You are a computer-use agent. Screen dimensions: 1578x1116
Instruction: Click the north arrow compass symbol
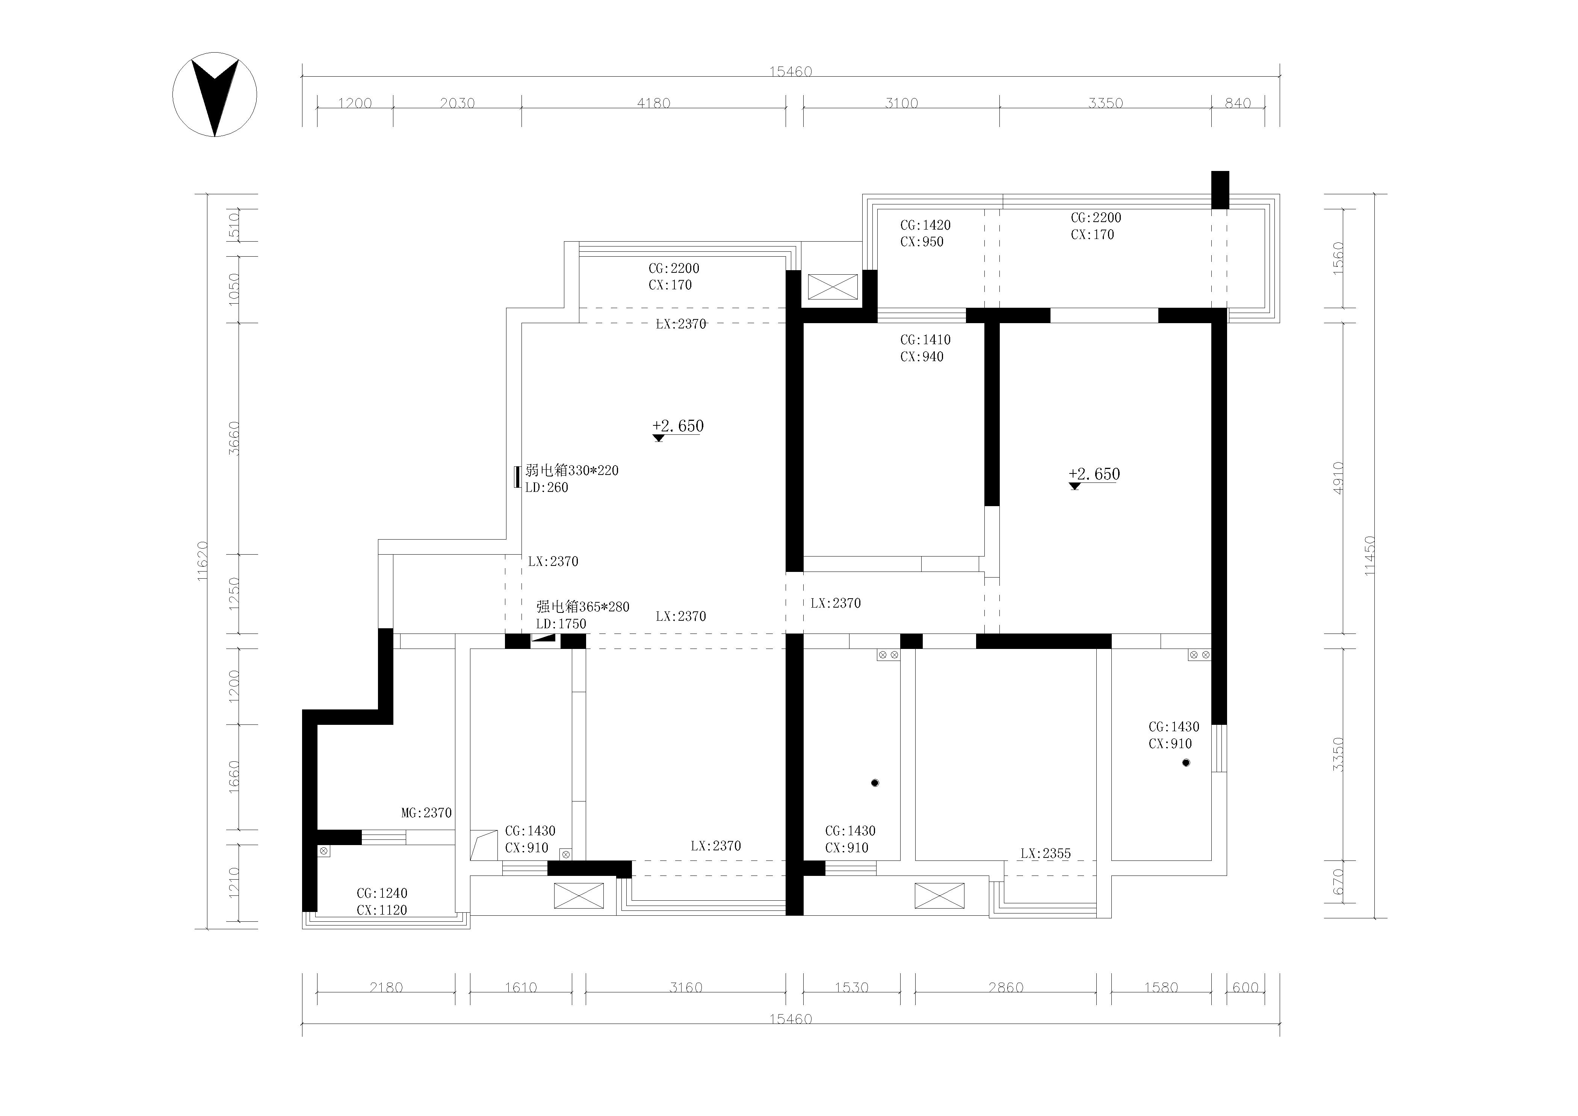tap(215, 95)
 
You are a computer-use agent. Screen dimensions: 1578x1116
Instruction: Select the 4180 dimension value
tap(654, 103)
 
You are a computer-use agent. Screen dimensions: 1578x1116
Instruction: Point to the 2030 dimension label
tap(457, 103)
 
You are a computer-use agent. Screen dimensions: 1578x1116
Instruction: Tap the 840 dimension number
tap(1238, 103)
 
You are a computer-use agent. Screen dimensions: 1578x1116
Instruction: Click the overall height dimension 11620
tap(202, 561)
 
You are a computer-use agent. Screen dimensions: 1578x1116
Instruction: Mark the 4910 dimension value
tap(1338, 478)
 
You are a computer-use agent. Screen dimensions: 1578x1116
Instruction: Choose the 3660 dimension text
tap(234, 439)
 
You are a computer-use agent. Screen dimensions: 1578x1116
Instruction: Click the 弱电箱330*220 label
tap(572, 471)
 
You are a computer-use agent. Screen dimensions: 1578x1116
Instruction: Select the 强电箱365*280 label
tap(583, 607)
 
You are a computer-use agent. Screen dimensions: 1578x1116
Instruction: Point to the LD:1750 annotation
tap(562, 624)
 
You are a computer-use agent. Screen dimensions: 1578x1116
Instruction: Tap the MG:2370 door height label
tap(427, 813)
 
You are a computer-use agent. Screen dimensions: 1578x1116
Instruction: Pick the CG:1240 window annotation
tap(382, 893)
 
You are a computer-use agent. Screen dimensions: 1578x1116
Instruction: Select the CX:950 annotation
tap(922, 242)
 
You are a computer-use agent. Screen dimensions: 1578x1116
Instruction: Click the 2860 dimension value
tap(1006, 987)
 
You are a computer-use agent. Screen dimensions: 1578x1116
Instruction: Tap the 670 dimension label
tap(1338, 882)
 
